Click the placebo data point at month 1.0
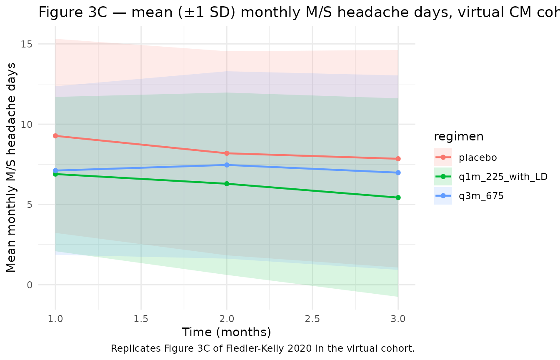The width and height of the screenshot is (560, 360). pyautogui.click(x=55, y=136)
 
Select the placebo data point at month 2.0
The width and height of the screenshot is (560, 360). pyautogui.click(x=227, y=153)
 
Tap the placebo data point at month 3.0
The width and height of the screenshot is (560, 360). pyautogui.click(x=398, y=159)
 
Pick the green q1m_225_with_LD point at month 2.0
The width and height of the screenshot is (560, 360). pyautogui.click(x=227, y=184)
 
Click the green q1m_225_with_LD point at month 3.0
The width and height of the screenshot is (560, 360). pyautogui.click(x=398, y=197)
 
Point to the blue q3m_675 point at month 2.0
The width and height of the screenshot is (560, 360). pyautogui.click(x=227, y=165)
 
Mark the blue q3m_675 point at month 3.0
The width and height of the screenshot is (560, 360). pyautogui.click(x=398, y=172)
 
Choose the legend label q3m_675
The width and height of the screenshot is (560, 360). pyautogui.click(x=481, y=196)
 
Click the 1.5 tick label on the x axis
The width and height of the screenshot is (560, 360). pyautogui.click(x=141, y=319)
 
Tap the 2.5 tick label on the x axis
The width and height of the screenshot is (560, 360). pyautogui.click(x=312, y=319)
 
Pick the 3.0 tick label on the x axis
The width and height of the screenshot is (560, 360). pyautogui.click(x=398, y=319)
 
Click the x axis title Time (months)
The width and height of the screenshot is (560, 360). pyautogui.click(x=227, y=332)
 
